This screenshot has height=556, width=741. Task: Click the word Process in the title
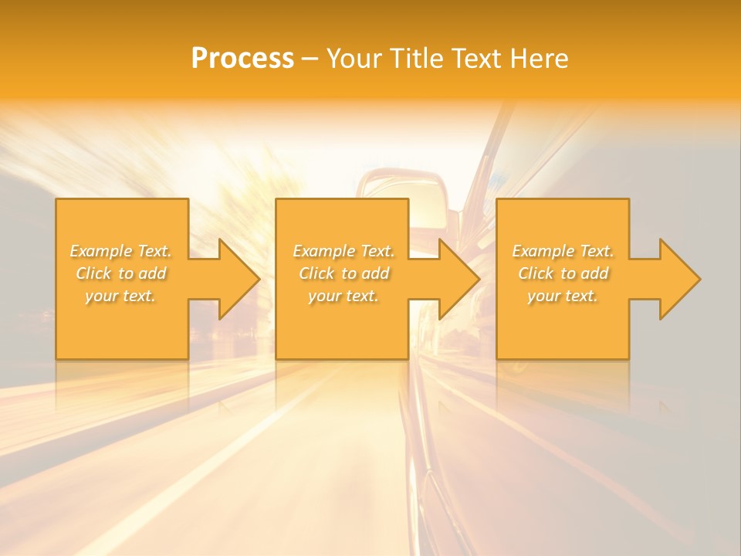242,59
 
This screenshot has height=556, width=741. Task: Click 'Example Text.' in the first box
120,251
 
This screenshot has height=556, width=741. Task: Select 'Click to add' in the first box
120,273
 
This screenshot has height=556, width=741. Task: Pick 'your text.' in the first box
120,296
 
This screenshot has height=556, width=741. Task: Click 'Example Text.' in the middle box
343,251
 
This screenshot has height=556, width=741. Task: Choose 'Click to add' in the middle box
343,273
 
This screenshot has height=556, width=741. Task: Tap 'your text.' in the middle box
343,296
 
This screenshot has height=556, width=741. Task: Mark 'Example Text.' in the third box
563,251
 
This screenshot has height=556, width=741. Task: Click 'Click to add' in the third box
563,273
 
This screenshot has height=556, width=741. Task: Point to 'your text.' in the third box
563,296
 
